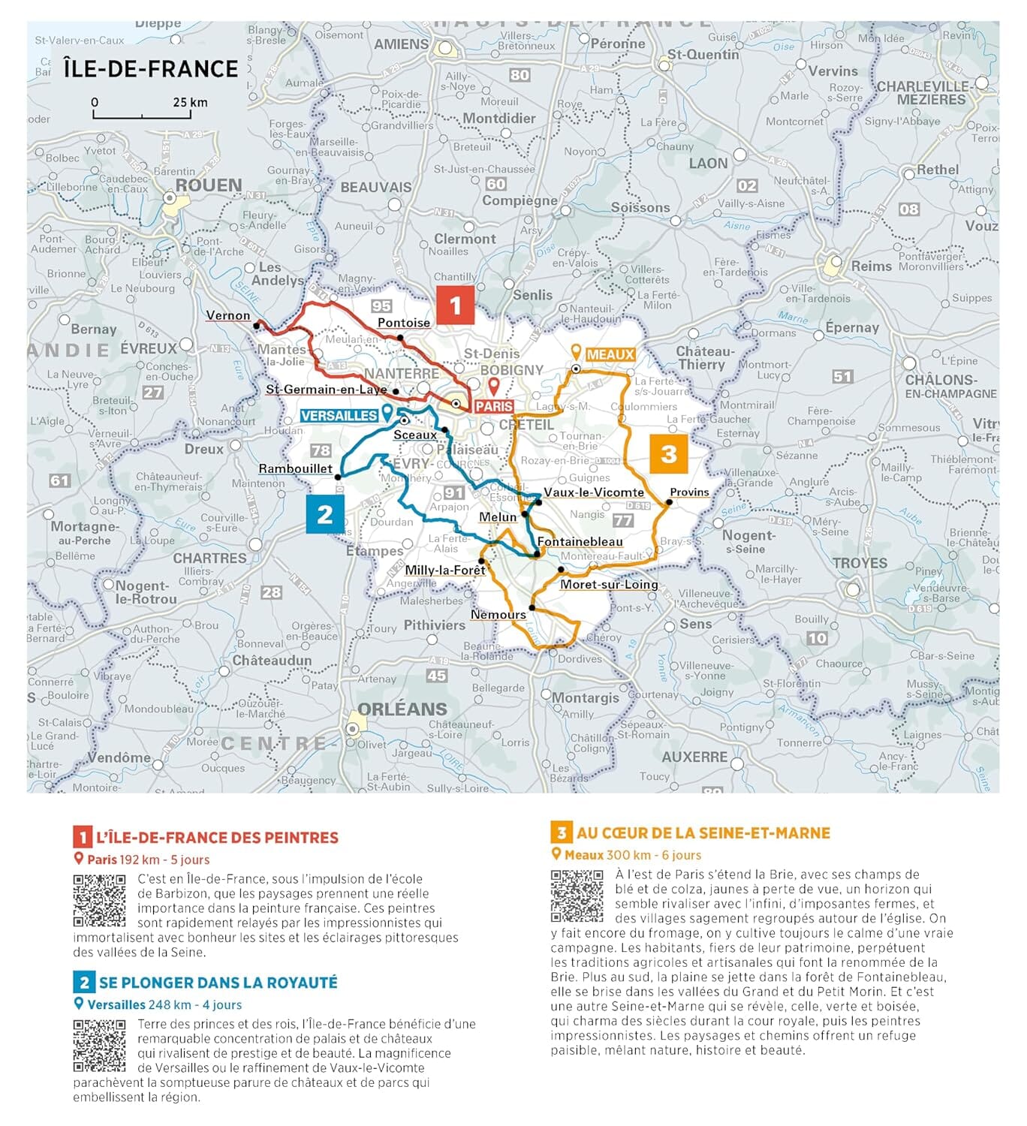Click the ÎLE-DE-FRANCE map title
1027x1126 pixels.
[150, 69]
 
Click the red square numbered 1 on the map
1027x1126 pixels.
[455, 305]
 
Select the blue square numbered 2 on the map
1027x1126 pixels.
[325, 514]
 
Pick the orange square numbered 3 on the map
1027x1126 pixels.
[668, 453]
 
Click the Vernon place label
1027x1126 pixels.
[227, 315]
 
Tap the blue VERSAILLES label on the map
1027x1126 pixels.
[339, 416]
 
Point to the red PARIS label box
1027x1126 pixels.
[494, 406]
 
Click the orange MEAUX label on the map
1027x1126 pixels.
[610, 354]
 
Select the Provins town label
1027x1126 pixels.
[689, 492]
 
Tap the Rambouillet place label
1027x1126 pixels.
[295, 468]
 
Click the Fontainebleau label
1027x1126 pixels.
[580, 541]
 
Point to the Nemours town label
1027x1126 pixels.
[498, 614]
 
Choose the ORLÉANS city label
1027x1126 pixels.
[402, 709]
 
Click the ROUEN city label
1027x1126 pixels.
[209, 185]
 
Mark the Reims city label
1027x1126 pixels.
[871, 266]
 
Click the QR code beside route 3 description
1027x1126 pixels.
[577, 896]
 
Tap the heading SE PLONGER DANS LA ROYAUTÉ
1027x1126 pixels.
[218, 983]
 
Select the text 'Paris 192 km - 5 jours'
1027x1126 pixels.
[148, 860]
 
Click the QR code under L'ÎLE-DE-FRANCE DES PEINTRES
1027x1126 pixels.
[99, 900]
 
